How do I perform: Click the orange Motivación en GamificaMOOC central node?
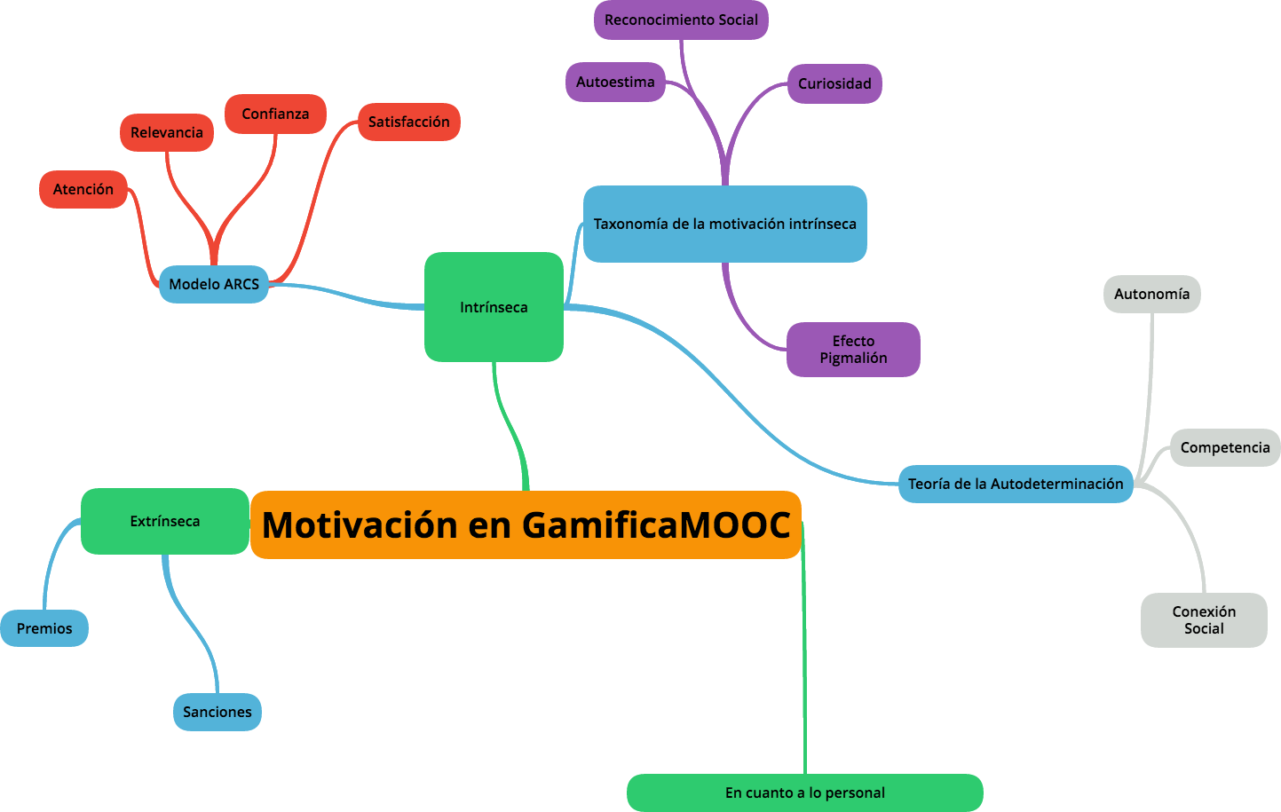pos(526,524)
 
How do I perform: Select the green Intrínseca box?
pos(494,307)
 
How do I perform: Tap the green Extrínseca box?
pos(165,521)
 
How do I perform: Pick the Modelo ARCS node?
pos(214,284)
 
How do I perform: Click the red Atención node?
pos(83,189)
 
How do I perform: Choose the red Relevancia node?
pos(167,132)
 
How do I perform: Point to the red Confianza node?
pos(275,114)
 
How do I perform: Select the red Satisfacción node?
pos(408,122)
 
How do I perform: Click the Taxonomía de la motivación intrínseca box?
pos(724,224)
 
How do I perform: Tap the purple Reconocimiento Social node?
pos(681,20)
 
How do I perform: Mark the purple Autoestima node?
pos(615,82)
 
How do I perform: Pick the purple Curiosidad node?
pos(834,83)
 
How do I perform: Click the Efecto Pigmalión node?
pos(853,349)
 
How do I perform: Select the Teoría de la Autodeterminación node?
pos(1016,484)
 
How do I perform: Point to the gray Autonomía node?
pos(1151,294)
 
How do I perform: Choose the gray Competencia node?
pos(1225,447)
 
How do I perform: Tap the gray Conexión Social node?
pos(1204,619)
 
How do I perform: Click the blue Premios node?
pos(44,628)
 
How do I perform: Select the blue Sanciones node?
pos(217,712)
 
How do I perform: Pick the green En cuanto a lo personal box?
pos(804,792)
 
